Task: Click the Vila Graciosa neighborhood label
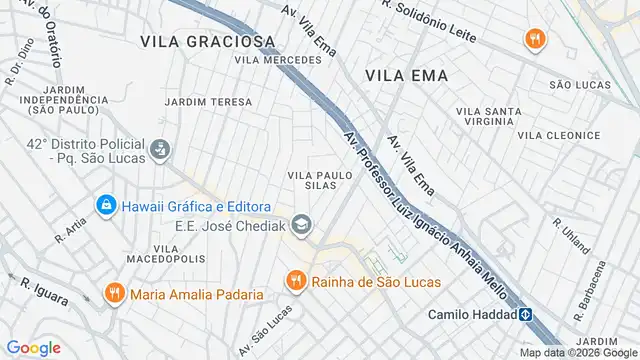coord(208,41)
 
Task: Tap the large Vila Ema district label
coord(406,75)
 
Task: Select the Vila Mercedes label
coord(278,60)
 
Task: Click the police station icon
coord(159,151)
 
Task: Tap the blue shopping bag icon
coord(105,206)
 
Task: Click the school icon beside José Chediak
coord(303,224)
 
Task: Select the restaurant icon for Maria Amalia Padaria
coord(115,294)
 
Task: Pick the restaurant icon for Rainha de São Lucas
coord(295,281)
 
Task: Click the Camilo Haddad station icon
coord(524,314)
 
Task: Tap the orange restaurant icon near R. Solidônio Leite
coord(535,39)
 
